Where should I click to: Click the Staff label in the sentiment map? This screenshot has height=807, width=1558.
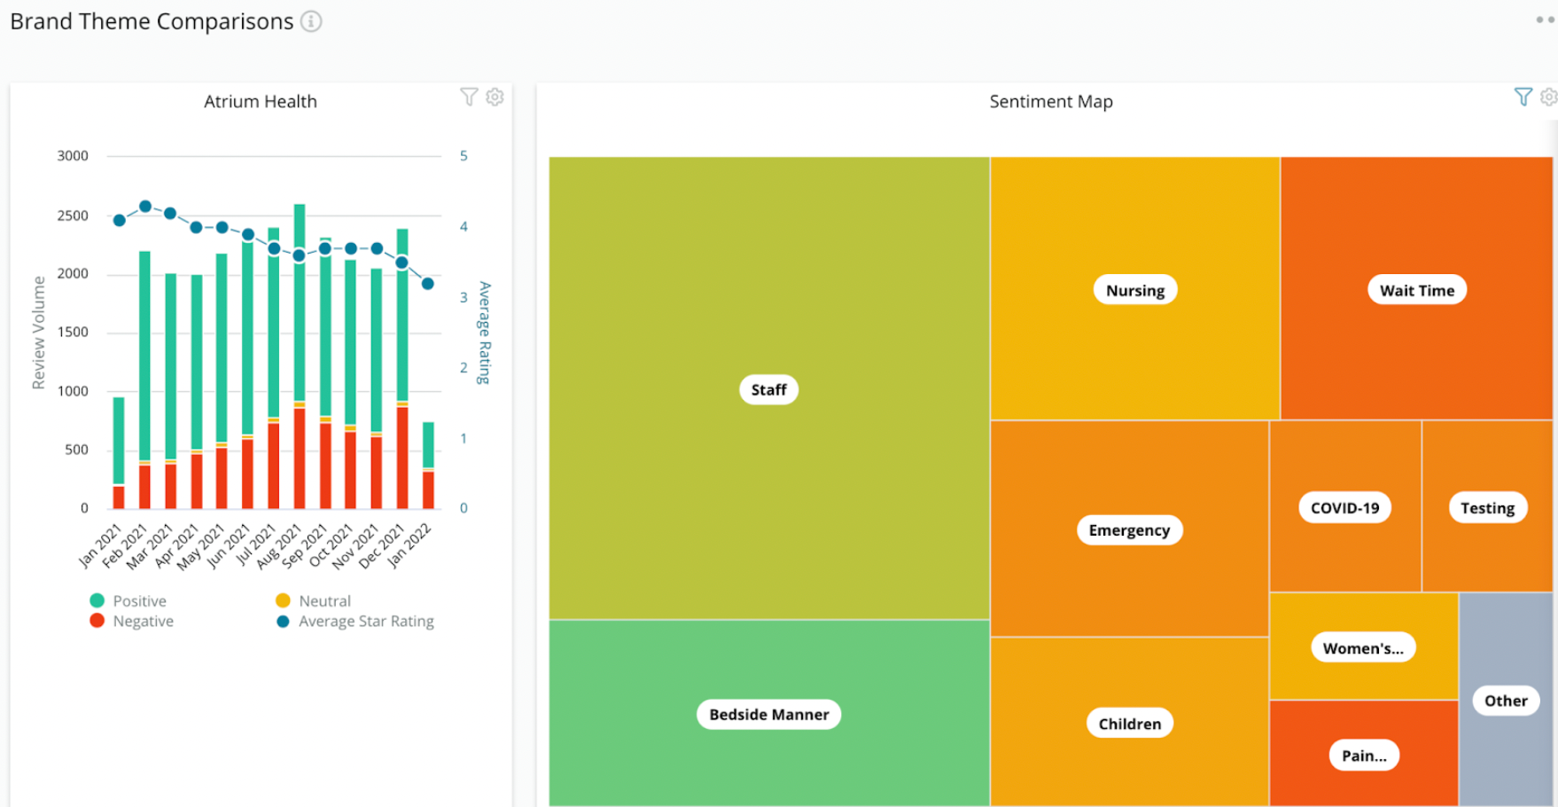pos(768,390)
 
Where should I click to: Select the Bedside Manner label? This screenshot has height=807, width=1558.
pos(768,715)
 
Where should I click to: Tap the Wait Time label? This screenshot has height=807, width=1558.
pos(1416,290)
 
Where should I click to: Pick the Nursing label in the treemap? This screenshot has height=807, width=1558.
pos(1134,290)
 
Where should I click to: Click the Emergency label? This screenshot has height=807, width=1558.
pos(1129,530)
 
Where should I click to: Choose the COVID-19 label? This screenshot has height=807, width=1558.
pos(1344,508)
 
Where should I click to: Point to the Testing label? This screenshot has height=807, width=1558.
pos(1487,508)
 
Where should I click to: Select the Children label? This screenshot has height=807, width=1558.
pos(1129,724)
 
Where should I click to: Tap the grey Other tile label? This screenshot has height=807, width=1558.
pos(1506,701)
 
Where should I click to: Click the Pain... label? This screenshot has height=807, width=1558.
pos(1364,756)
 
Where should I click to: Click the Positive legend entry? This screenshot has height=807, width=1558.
pos(139,601)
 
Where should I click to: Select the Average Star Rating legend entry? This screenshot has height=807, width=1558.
pos(366,622)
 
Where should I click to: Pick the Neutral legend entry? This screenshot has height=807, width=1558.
pos(324,601)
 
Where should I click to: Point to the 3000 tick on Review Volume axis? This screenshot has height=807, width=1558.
pos(73,156)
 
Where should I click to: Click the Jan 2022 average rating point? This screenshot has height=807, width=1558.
pos(428,284)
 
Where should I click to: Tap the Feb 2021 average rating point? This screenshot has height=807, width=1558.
pos(145,206)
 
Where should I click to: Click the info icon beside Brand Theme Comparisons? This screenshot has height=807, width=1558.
pos(311,21)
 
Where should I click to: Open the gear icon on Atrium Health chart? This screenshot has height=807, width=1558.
pos(495,97)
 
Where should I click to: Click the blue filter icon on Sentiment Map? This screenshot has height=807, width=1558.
pos(1523,97)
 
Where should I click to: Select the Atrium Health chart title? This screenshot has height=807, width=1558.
pos(260,102)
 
